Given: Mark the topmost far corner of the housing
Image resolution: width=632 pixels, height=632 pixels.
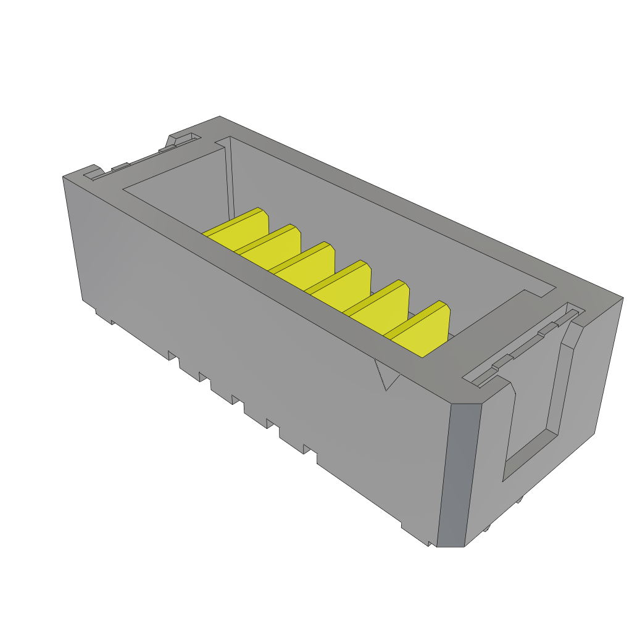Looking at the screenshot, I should pos(220,117).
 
